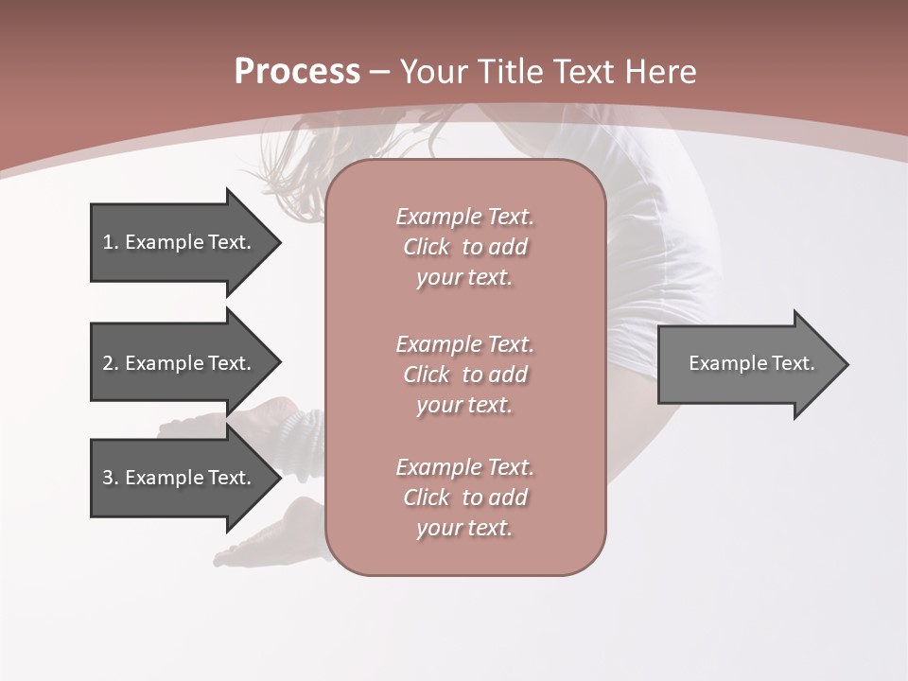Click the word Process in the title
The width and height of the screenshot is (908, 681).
point(297,72)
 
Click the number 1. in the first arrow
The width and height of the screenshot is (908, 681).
point(110,242)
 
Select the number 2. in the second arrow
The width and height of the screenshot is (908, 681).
point(110,363)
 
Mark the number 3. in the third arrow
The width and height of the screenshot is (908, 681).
point(110,478)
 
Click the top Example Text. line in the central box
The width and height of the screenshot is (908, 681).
point(464,217)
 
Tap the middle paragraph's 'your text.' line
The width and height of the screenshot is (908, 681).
point(464,405)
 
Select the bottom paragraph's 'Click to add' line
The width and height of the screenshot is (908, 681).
point(464,498)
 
